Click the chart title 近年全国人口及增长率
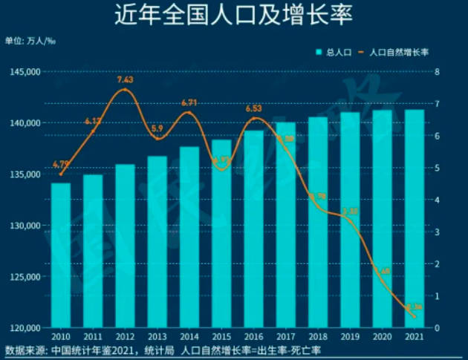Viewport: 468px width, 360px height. (x=233, y=15)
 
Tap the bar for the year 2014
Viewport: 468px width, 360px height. (x=189, y=238)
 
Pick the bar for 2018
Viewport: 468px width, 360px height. (x=318, y=223)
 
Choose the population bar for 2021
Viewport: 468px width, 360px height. (x=414, y=219)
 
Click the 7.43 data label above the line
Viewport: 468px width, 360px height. (x=126, y=79)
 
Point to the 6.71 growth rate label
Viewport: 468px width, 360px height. (x=189, y=103)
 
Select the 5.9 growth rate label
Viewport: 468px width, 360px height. (x=157, y=128)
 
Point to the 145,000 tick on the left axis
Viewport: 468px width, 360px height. (x=25, y=72)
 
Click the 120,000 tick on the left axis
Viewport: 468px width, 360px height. (x=25, y=327)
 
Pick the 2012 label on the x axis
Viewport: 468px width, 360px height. (x=126, y=338)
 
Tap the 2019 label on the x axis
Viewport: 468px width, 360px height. (x=350, y=338)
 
